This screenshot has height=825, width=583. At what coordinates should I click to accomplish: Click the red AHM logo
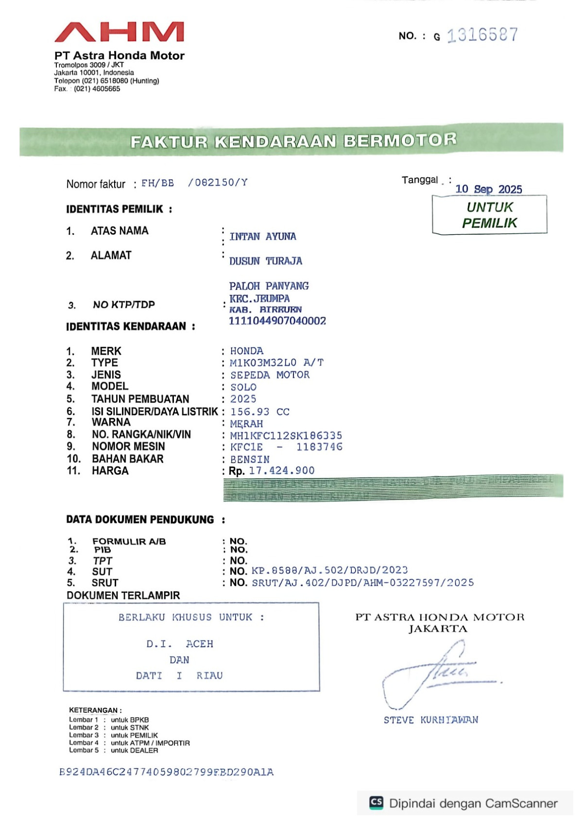(119, 32)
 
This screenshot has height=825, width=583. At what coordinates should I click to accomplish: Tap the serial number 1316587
(482, 35)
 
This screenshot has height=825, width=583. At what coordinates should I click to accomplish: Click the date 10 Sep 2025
(488, 189)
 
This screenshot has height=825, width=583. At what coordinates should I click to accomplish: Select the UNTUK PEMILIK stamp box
(489, 215)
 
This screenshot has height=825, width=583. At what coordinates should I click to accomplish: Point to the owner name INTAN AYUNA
(263, 237)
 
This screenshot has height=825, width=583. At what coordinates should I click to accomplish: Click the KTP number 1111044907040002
(277, 321)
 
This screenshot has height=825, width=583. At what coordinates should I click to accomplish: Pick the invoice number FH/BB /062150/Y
(194, 183)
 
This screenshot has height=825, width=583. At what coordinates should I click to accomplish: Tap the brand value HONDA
(247, 351)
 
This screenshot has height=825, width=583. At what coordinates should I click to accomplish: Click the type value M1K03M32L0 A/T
(276, 362)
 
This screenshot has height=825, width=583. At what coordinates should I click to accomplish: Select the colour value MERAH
(246, 424)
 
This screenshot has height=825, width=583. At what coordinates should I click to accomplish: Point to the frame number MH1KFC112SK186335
(286, 435)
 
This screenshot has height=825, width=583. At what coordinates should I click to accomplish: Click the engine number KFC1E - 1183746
(286, 447)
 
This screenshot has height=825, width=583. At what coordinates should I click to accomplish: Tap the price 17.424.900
(282, 470)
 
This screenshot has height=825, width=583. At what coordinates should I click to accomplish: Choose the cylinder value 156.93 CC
(260, 412)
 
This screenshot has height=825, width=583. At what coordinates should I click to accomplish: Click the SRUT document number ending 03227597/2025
(362, 583)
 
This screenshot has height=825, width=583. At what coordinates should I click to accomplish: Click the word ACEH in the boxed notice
(200, 644)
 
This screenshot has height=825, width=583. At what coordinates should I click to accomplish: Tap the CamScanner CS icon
(377, 802)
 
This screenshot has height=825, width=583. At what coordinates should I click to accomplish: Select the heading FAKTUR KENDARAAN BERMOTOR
(293, 141)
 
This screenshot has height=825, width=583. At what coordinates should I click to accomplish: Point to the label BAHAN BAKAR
(128, 459)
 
